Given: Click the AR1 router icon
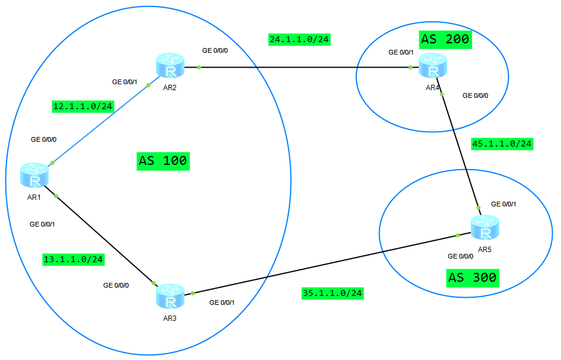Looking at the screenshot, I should [36, 175].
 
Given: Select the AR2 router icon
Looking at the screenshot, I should [171, 66].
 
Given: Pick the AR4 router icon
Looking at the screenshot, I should [433, 66].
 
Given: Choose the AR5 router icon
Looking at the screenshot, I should [485, 228].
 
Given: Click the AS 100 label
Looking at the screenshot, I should [163, 160].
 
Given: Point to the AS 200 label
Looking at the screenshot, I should [445, 40].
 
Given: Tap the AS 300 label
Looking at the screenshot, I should [472, 277].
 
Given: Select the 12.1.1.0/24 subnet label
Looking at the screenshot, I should [83, 107].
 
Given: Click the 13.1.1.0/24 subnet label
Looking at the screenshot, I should [74, 259].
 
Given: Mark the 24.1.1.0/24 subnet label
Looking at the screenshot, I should [299, 40].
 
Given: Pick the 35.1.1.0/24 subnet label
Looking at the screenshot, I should [332, 293].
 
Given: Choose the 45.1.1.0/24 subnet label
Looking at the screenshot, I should [502, 144].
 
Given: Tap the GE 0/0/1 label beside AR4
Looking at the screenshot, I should [401, 52].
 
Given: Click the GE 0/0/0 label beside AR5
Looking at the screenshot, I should [461, 257].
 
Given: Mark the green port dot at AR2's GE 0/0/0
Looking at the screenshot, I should [199, 67].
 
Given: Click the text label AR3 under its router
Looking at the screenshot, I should [170, 318].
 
